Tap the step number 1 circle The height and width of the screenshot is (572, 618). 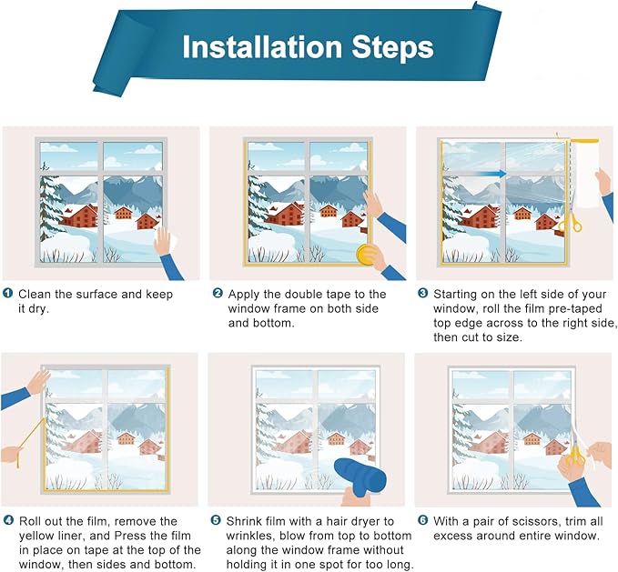tap(9, 294)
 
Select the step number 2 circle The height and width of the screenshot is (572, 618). tap(218, 294)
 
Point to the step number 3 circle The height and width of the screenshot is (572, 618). tap(423, 294)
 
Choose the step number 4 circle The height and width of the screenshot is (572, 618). tap(9, 521)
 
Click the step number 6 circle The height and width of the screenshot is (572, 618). tap(423, 521)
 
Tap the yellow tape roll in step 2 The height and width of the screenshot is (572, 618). tap(368, 254)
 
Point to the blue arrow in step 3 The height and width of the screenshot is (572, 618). tap(492, 173)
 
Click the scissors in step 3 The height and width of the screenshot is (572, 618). tap(570, 222)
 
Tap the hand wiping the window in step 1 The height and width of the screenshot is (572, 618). tap(164, 243)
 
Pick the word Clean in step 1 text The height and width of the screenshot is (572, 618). tap(35, 294)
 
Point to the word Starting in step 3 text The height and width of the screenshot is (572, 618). tap(457, 294)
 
